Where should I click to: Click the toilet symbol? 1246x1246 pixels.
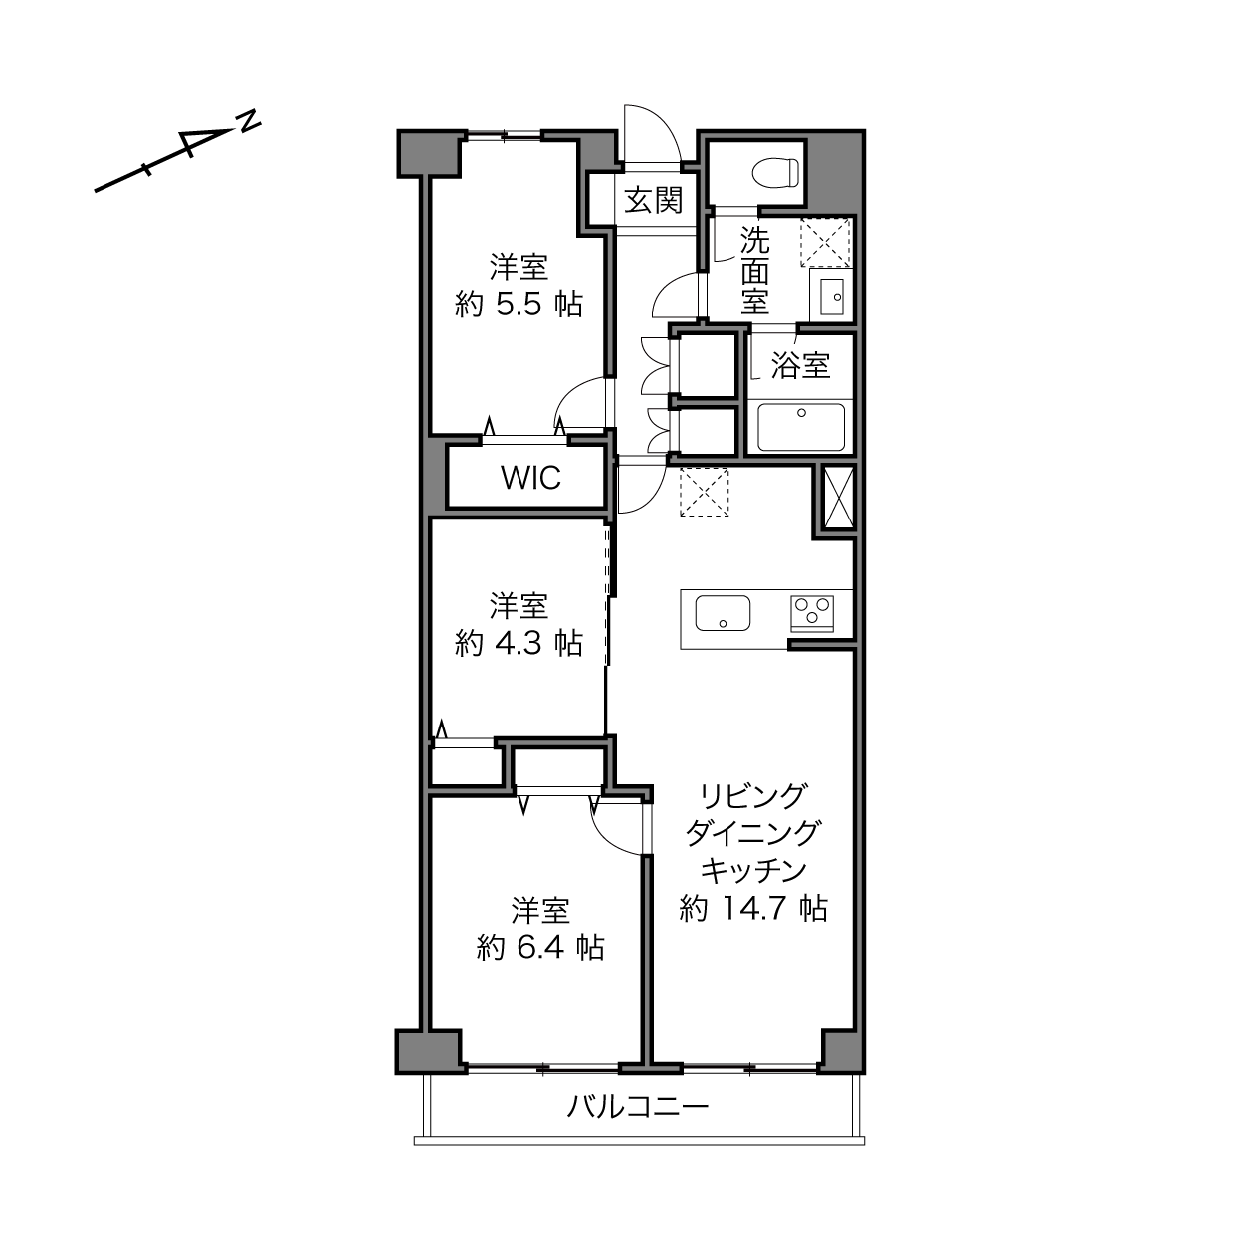[x=775, y=172]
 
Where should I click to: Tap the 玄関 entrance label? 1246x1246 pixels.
[x=653, y=200]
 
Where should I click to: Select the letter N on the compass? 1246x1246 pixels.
[x=248, y=121]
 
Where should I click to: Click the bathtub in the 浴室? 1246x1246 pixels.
[x=800, y=427]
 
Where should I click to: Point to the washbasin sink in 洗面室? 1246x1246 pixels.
[x=831, y=298]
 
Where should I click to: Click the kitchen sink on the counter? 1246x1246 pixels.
[x=723, y=612]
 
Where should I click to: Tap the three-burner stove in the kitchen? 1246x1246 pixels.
[x=811, y=613]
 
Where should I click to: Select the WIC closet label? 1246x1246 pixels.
[x=530, y=478]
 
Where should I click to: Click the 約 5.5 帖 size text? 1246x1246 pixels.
[x=519, y=304]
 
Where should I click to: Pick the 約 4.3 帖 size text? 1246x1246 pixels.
[x=519, y=643]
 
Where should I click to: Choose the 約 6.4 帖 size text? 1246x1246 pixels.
[x=540, y=947]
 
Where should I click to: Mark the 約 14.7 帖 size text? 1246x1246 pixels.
[x=753, y=908]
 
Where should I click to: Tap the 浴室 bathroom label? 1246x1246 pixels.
[x=800, y=366]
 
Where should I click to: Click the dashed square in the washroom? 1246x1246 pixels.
[x=824, y=243]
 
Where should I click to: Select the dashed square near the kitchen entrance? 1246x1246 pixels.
[x=704, y=492]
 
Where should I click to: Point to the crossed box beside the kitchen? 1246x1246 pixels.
[x=838, y=499]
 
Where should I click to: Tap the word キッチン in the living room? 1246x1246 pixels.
[x=753, y=871]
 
